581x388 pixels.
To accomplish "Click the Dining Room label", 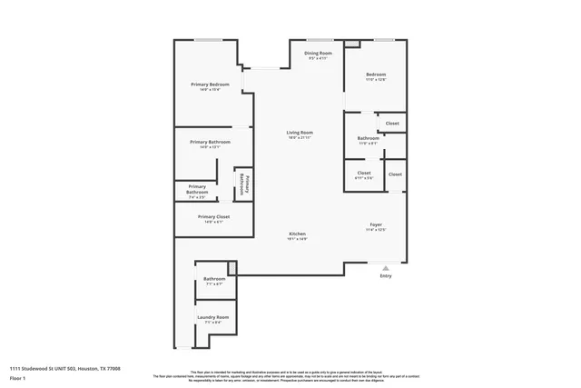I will pos(318,55).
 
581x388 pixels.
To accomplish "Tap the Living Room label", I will pos(300,134).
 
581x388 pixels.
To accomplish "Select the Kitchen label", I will pos(298,234).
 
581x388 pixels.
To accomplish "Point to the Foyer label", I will pos(376,224).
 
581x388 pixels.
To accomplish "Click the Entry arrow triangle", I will pos(386,268).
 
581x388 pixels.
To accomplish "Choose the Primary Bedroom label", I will pos(210,85).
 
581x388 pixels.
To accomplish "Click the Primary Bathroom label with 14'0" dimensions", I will pos(210,143).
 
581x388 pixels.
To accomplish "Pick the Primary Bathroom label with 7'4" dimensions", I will pos(197,190).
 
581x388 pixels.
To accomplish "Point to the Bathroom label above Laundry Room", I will pos(214,279).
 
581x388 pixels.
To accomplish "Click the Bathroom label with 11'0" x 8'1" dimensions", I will pos(369,139).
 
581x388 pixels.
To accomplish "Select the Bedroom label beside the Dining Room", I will pos(376,75).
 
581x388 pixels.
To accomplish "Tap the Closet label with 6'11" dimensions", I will pos(364,173).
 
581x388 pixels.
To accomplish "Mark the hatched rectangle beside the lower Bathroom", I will pos(232,267).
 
